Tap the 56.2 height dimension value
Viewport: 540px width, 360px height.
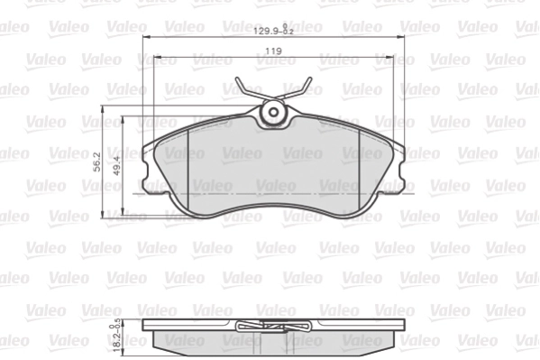96,161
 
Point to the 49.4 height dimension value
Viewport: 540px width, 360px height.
115,162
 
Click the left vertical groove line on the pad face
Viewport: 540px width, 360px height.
186,171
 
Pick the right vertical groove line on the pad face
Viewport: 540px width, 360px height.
360,171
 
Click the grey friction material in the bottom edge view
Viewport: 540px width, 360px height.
198,341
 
